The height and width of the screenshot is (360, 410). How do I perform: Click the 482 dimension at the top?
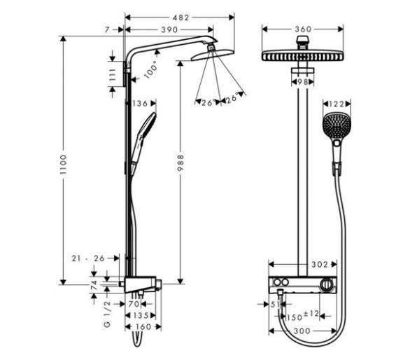181,18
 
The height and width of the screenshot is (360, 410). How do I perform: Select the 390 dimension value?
169,29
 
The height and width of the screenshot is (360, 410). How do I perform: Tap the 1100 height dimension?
63,165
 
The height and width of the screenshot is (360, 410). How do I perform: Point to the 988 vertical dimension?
181,162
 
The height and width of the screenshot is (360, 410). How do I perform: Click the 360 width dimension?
303,29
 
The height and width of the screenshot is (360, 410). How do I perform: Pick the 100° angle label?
151,69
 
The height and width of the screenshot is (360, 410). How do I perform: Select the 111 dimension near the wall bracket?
112,75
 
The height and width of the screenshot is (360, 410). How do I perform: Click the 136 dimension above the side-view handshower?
141,104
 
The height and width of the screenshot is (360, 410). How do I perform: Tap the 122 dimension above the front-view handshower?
337,104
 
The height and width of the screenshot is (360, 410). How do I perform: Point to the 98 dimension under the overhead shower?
302,82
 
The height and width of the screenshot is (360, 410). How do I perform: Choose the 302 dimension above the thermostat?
319,265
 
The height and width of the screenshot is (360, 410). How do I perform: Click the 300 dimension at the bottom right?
302,331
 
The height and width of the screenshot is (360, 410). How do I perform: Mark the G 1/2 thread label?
107,314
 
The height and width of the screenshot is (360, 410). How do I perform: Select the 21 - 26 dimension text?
88,258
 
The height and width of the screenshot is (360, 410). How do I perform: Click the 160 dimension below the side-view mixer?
144,327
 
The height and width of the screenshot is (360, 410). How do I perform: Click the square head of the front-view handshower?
337,126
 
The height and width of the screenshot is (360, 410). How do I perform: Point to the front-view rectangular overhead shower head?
302,55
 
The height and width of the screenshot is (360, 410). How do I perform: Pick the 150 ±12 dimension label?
302,315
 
